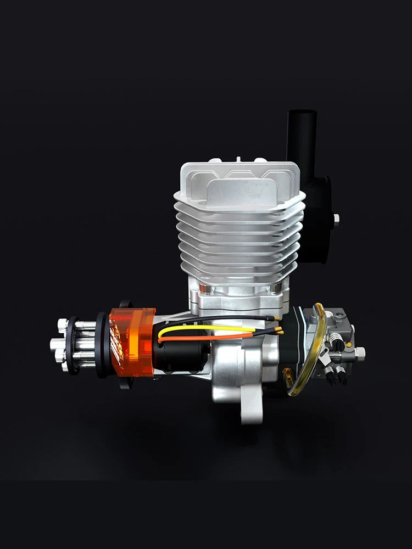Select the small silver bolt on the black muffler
pyautogui.click(x=336, y=219)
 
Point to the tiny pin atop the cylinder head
pyautogui.click(x=238, y=159)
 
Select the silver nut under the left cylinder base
pyautogui.click(x=203, y=289)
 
